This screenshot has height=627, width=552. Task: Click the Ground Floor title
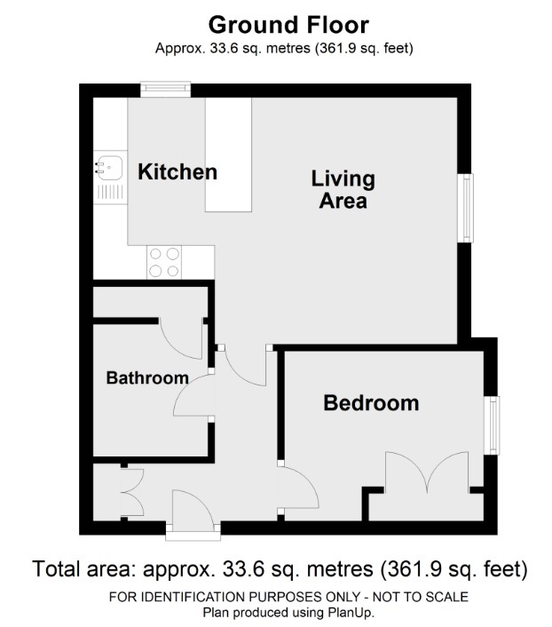click(x=275, y=23)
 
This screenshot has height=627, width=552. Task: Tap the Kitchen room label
click(x=177, y=171)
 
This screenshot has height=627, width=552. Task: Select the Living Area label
click(x=343, y=189)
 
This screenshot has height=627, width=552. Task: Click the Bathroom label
click(x=147, y=377)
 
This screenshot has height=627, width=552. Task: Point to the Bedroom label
click(x=371, y=403)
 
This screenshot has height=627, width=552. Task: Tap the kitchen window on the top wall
click(x=165, y=88)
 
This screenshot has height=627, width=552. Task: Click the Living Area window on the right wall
click(x=465, y=207)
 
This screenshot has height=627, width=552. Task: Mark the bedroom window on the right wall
click(x=491, y=425)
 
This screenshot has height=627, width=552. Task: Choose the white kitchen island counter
click(x=228, y=155)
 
